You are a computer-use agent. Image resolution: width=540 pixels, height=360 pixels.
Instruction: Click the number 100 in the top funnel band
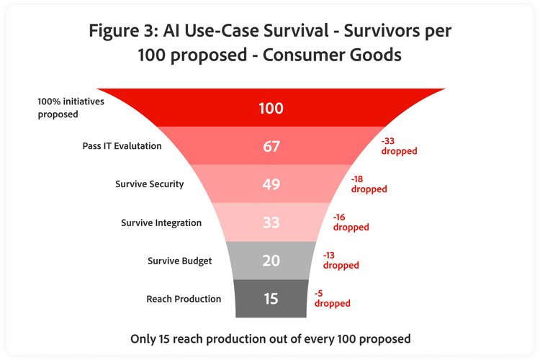click(x=271, y=108)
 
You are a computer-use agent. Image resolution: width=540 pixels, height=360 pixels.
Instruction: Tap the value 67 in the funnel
click(x=271, y=146)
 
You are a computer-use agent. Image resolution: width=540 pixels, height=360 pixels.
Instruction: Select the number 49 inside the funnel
click(x=271, y=184)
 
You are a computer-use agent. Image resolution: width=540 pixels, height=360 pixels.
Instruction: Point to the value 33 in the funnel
click(x=271, y=222)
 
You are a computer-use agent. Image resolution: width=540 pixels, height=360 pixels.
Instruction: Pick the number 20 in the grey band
click(x=271, y=261)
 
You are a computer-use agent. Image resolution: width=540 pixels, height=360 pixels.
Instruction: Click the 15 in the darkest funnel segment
click(x=271, y=299)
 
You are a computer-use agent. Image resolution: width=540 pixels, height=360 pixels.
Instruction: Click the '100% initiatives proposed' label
click(x=71, y=108)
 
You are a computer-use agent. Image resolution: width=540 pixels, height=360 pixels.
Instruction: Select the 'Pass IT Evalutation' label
click(x=122, y=146)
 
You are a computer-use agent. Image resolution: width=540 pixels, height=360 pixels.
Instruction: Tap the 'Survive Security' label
click(x=150, y=184)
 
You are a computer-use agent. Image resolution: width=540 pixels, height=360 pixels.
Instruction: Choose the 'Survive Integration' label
click(x=161, y=223)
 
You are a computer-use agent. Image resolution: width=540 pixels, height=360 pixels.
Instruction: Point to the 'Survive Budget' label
click(x=180, y=261)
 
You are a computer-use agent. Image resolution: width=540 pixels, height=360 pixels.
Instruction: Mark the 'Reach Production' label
click(x=184, y=299)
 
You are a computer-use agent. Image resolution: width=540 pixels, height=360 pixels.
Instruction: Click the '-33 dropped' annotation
click(x=399, y=146)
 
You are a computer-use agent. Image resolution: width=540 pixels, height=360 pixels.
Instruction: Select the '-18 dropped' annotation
click(x=369, y=184)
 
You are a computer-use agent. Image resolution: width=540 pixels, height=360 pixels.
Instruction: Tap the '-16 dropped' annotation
click(x=351, y=222)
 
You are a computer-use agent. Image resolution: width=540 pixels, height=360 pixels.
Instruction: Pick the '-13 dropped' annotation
click(x=341, y=261)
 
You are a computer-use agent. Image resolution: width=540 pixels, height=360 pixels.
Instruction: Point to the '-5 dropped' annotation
click(x=333, y=298)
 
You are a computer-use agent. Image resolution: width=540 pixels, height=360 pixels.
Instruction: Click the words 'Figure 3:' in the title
click(x=123, y=31)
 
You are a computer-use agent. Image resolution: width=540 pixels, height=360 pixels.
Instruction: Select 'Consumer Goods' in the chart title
click(x=332, y=55)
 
